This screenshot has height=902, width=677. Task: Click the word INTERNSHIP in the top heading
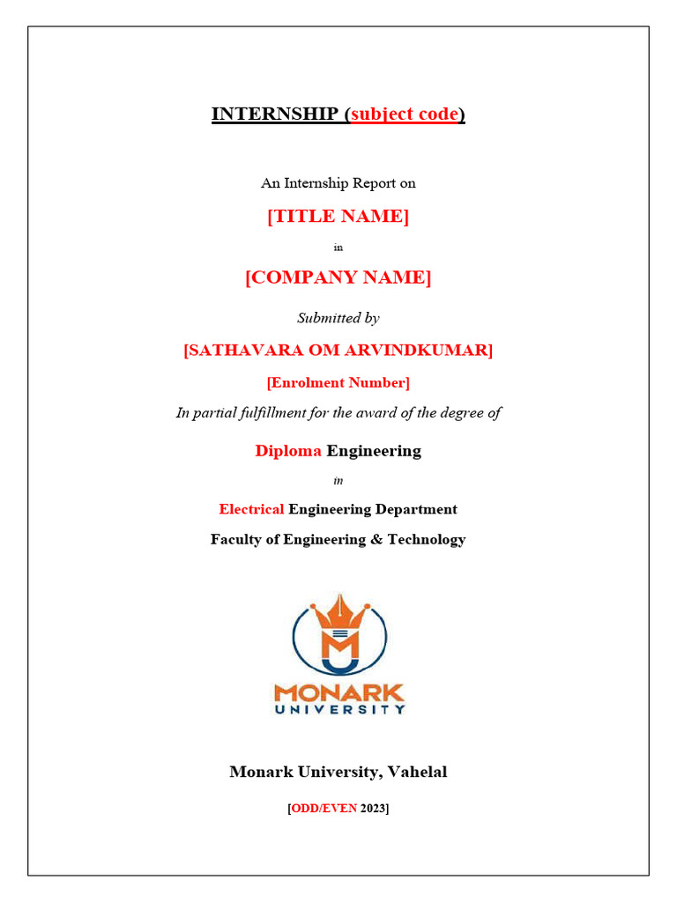pyautogui.click(x=274, y=115)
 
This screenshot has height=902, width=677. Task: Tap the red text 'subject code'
pyautogui.click(x=405, y=115)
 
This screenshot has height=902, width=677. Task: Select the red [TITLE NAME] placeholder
pyautogui.click(x=338, y=217)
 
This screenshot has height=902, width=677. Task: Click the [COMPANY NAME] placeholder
pyautogui.click(x=338, y=278)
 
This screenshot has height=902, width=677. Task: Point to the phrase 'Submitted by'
pyautogui.click(x=338, y=318)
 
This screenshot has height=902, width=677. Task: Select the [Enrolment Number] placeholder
pyautogui.click(x=338, y=382)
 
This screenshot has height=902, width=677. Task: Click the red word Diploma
pyautogui.click(x=288, y=451)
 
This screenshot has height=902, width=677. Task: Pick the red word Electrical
pyautogui.click(x=251, y=509)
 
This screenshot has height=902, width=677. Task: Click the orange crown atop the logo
pyautogui.click(x=339, y=611)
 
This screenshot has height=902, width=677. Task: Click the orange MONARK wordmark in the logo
pyautogui.click(x=338, y=691)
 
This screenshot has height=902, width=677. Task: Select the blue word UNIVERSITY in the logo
pyautogui.click(x=338, y=708)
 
